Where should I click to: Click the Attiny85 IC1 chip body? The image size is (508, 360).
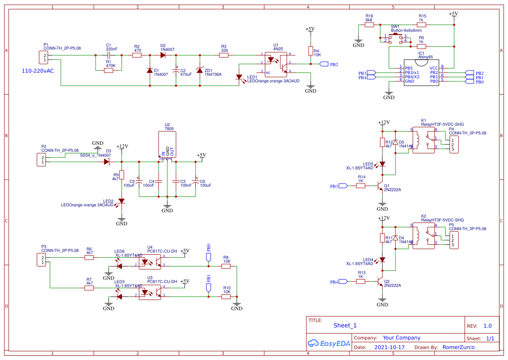[421, 73]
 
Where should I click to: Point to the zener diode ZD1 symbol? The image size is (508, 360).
[199, 70]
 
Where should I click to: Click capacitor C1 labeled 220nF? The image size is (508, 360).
[108, 55]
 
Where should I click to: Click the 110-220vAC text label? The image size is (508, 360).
[38, 70]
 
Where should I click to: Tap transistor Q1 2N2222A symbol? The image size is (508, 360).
[381, 186]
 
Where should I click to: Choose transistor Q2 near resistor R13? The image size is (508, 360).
[381, 282]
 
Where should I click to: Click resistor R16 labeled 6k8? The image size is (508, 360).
[369, 25]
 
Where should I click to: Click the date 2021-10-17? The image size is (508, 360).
[389, 347]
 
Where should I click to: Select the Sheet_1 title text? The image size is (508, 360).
[345, 326]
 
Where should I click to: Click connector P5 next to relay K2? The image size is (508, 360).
[452, 240]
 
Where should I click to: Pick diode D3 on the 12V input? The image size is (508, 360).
[106, 162]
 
